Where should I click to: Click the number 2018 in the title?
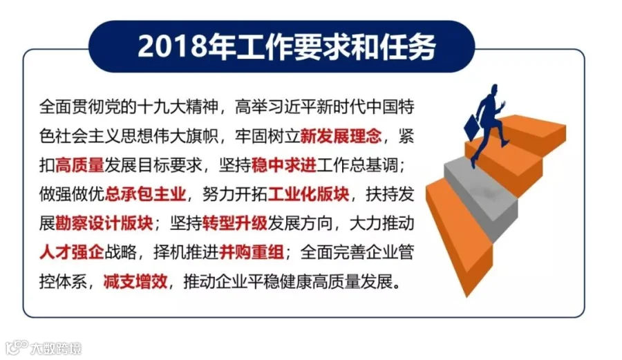[173, 46]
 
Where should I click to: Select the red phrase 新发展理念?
[341, 136]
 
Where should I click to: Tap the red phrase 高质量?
[79, 165]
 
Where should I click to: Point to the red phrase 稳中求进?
[283, 165]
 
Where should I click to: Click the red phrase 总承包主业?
[145, 194]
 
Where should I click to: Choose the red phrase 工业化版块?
[308, 194]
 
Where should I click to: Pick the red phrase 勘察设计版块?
[104, 223]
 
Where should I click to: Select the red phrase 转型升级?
[235, 223]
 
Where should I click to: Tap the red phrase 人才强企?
[71, 252]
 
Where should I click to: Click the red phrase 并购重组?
[251, 252]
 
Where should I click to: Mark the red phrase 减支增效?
[135, 281]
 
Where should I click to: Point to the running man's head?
[494, 90]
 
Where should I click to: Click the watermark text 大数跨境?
[55, 348]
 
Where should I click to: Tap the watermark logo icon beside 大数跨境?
[17, 348]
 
